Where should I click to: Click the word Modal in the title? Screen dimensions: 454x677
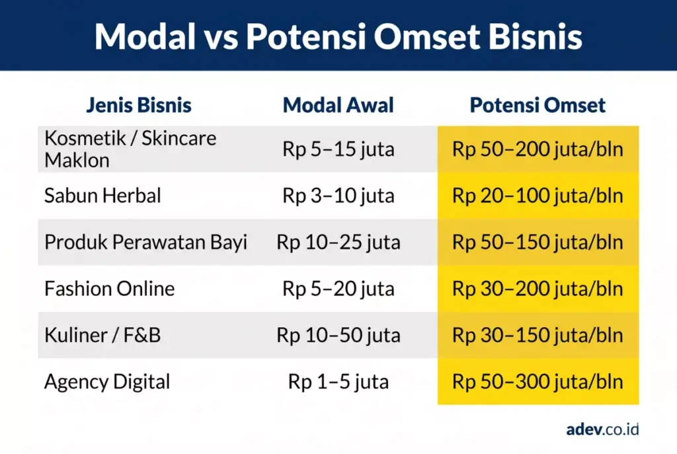point(143,37)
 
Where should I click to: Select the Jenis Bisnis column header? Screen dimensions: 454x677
point(139,105)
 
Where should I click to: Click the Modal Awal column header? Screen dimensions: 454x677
point(338,105)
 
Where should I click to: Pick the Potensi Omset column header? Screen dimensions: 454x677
point(538,105)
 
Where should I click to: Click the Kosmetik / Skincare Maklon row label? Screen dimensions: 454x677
point(130,149)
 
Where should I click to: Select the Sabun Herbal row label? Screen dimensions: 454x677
point(102,196)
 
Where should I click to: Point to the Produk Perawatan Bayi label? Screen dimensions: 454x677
point(145,242)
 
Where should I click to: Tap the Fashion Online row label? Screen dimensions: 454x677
point(110,289)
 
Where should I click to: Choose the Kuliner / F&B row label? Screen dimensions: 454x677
point(102,335)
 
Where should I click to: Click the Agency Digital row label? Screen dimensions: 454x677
point(107,381)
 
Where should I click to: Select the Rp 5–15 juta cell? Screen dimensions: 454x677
point(338,149)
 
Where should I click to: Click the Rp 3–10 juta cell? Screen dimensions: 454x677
point(338,196)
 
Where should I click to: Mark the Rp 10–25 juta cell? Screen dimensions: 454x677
point(338,242)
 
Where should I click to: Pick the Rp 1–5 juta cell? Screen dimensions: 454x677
point(338,381)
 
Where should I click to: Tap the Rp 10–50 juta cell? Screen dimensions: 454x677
point(338,335)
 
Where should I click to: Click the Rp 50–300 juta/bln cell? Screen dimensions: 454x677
point(538,381)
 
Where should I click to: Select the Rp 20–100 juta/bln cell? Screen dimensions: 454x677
point(538,196)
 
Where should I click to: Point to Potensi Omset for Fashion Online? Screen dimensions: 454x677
point(538,289)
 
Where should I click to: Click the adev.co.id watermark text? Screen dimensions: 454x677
point(602,429)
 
